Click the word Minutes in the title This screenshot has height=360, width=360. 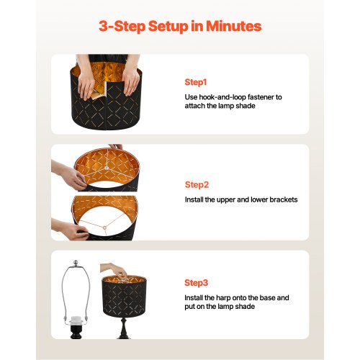(x=233, y=26)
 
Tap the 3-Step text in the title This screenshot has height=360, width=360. (x=122, y=26)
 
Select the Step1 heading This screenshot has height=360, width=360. (x=196, y=82)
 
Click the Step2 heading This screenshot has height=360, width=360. (x=197, y=185)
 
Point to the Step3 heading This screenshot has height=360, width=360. (x=196, y=283)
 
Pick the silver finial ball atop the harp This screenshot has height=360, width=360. (x=76, y=263)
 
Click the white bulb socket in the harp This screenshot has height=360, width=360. (x=76, y=320)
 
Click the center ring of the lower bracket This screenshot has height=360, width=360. (x=104, y=228)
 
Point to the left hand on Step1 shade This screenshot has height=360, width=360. (x=86, y=84)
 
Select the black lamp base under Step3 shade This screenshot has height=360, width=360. (x=124, y=328)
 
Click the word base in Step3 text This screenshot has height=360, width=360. (x=267, y=298)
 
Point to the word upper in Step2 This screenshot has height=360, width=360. (x=226, y=200)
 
